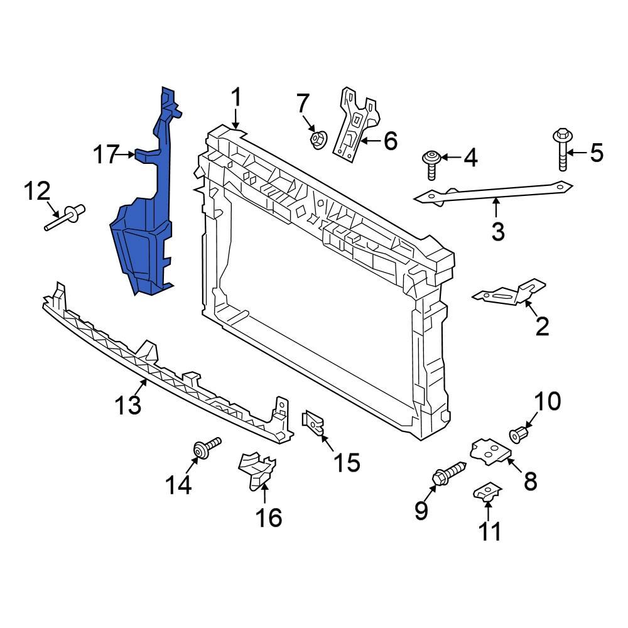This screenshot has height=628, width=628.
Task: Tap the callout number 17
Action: coord(106,154)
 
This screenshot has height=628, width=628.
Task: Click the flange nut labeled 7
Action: coord(318,138)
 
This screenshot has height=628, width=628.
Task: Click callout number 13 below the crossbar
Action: coord(128,405)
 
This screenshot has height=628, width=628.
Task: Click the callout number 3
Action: coord(497,232)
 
